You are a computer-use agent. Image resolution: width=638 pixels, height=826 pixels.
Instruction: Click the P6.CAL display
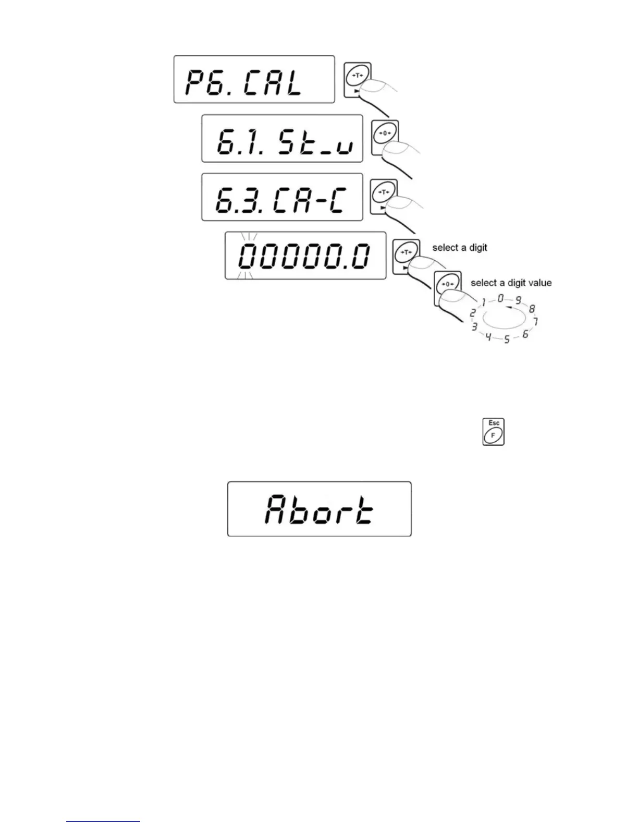[254, 79]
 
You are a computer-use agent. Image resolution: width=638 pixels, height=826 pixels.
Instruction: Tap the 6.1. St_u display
[282, 139]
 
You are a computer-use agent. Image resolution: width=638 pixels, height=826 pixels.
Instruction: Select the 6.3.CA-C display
[282, 197]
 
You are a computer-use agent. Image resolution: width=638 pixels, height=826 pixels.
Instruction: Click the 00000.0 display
[305, 256]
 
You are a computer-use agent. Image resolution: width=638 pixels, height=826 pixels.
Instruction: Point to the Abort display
[319, 509]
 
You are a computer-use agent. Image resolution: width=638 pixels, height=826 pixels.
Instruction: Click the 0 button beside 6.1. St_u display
[385, 134]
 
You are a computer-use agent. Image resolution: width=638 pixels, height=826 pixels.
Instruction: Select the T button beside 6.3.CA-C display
[384, 192]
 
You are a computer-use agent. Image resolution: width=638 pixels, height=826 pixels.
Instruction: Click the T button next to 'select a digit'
[406, 253]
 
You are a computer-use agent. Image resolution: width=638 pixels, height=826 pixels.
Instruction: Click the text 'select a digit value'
[511, 283]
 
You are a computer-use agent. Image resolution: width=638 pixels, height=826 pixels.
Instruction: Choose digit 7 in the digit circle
[535, 321]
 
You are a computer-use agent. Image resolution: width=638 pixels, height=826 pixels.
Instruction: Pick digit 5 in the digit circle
[507, 340]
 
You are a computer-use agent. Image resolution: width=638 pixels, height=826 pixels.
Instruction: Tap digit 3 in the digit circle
[474, 327]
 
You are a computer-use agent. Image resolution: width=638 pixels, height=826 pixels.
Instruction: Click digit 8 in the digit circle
[532, 309]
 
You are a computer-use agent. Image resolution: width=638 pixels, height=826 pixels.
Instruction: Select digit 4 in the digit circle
[488, 337]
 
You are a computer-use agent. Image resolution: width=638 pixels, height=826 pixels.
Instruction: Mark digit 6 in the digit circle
[525, 334]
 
